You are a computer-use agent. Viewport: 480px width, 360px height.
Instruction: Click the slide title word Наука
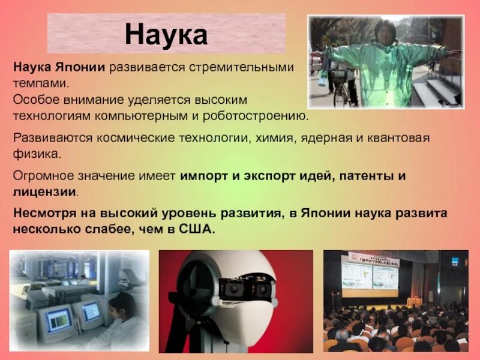[x=166, y=35]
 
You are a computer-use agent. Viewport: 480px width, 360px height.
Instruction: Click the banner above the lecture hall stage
[x=374, y=256]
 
